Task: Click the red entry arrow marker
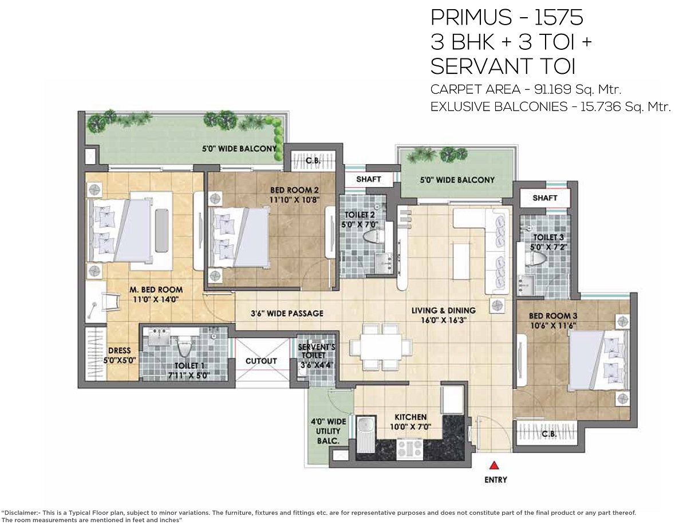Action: click(494, 466)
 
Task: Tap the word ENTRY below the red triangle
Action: click(496, 480)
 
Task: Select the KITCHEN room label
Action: click(410, 417)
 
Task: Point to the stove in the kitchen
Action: click(410, 449)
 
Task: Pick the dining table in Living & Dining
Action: click(381, 347)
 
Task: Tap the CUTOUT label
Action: click(261, 361)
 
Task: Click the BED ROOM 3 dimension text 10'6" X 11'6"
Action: click(553, 326)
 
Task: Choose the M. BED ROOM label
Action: click(156, 289)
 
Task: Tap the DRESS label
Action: click(119, 351)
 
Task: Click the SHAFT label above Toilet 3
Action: click(545, 198)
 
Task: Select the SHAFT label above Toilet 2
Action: click(368, 179)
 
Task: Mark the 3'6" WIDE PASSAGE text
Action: click(287, 313)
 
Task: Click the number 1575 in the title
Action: click(558, 17)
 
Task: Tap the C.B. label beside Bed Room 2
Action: click(313, 160)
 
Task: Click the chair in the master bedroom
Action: click(110, 301)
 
